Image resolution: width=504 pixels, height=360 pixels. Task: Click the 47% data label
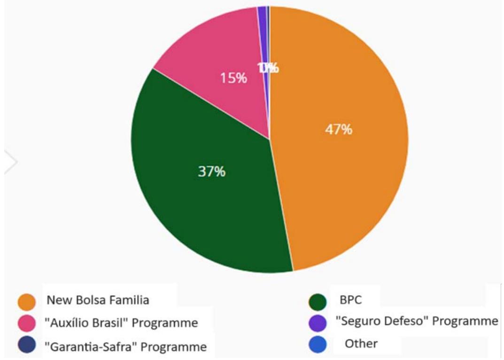click(x=339, y=129)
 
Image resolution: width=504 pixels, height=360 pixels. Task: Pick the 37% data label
click(x=211, y=172)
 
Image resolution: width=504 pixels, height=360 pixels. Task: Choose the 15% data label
click(x=233, y=78)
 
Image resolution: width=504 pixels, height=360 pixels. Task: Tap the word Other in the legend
click(x=361, y=344)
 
